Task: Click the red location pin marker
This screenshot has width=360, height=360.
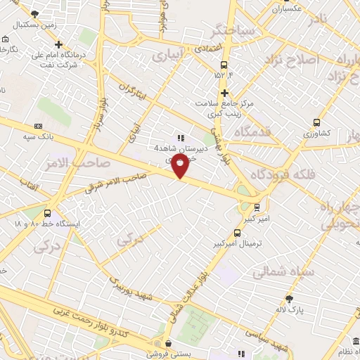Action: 181,167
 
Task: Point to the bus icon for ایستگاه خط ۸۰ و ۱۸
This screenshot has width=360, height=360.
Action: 47,213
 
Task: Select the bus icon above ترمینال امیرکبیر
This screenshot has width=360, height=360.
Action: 237,233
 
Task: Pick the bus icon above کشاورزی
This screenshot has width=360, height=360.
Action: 316,122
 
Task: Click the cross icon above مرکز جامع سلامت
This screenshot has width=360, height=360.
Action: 224,93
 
